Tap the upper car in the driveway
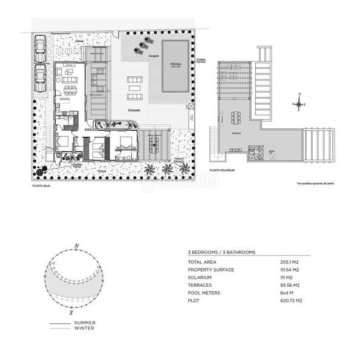41,47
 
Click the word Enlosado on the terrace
134,110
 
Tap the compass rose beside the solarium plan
299,103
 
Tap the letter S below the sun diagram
71,314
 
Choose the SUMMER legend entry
84,323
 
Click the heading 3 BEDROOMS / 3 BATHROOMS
222,252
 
